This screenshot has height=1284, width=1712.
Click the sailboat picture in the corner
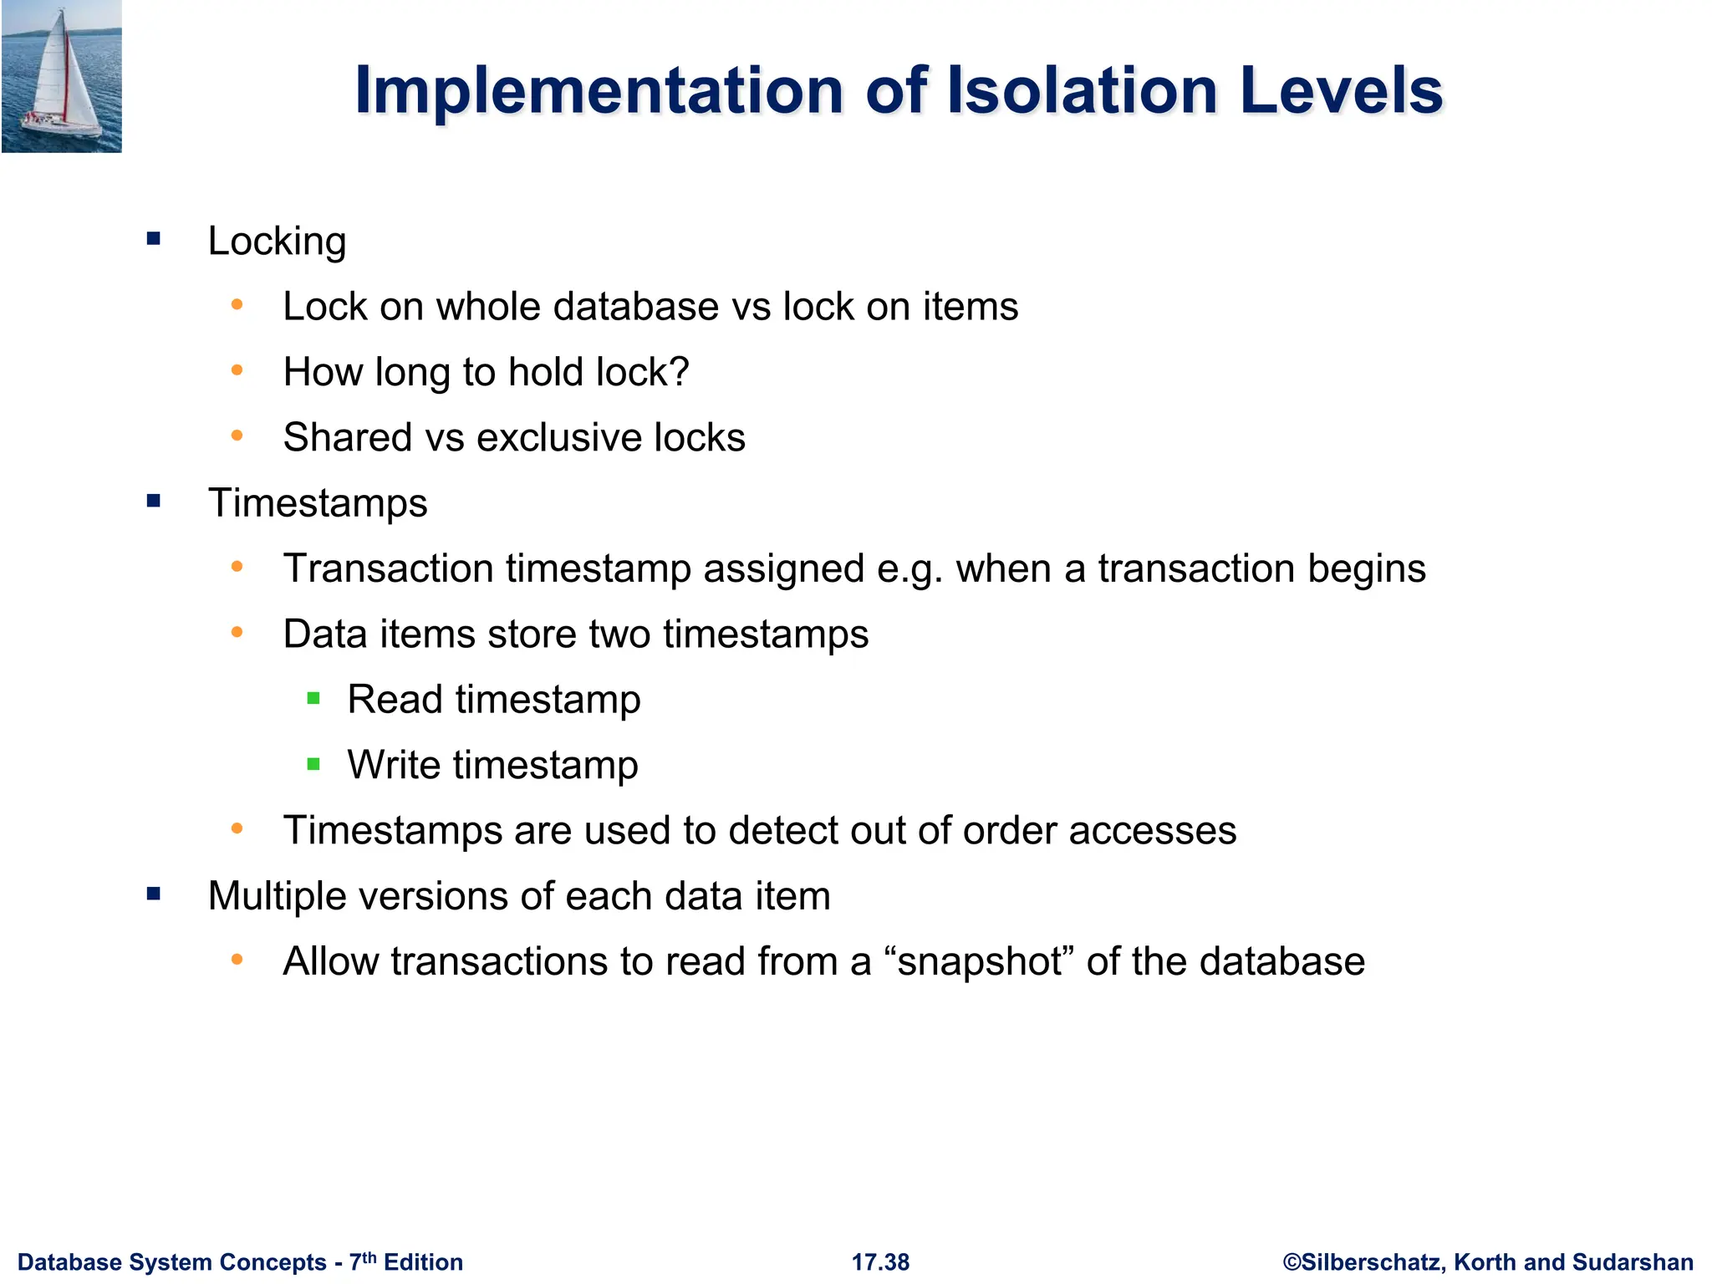point(61,76)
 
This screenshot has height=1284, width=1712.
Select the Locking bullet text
point(277,242)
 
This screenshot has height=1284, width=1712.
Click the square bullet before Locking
point(153,239)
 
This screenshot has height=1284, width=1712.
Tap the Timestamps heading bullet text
point(318,503)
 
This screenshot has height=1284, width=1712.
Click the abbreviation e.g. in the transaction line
point(909,569)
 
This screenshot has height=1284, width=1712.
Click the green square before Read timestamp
point(313,698)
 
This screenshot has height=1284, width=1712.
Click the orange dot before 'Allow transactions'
point(237,960)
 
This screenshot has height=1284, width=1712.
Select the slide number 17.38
point(880,1262)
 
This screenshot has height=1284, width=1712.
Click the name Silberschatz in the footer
point(1372,1262)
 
